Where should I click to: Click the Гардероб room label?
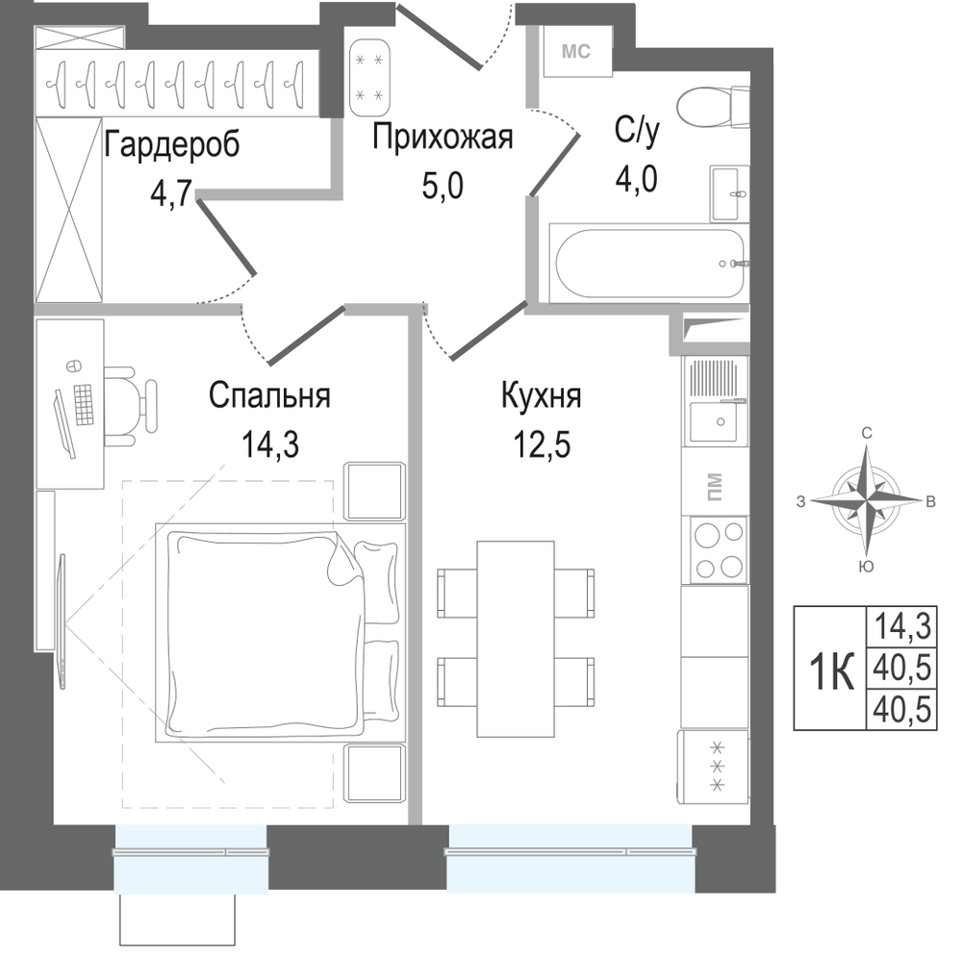(x=170, y=146)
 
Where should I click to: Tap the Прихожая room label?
(x=443, y=138)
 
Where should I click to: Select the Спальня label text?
(x=269, y=394)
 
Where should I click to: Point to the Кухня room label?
(x=541, y=394)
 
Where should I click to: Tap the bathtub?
(x=647, y=262)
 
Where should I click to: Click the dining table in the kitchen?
(x=516, y=639)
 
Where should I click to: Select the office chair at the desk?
(x=130, y=404)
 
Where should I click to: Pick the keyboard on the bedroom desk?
(x=82, y=404)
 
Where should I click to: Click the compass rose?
(x=867, y=499)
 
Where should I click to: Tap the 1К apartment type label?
(x=829, y=670)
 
